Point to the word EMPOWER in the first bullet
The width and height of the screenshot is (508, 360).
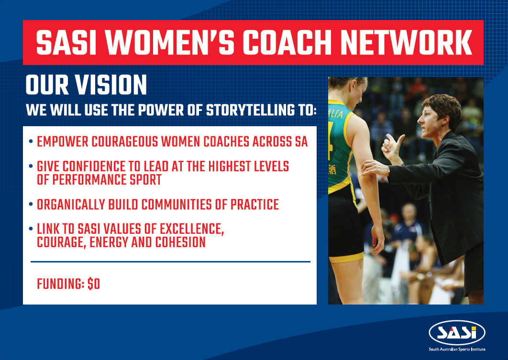(62, 142)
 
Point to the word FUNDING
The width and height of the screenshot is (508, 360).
(60, 284)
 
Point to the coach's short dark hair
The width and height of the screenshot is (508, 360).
(442, 108)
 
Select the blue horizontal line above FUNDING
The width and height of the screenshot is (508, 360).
(170, 262)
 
